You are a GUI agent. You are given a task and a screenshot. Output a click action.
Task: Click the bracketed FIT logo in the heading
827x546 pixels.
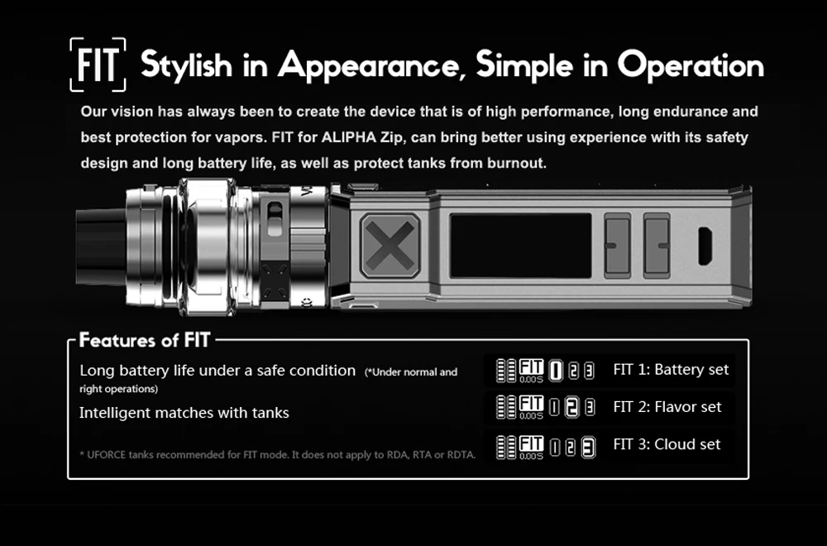tap(98, 65)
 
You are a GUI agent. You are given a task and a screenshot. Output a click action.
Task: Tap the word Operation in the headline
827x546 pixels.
tap(691, 66)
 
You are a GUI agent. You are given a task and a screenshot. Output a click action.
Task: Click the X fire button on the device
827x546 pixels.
tap(390, 246)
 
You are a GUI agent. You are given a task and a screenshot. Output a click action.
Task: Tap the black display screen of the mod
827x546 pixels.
tap(520, 246)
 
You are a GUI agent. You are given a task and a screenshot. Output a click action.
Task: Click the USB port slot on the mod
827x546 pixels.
tap(705, 246)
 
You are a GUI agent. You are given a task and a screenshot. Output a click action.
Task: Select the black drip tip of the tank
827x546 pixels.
tap(100, 247)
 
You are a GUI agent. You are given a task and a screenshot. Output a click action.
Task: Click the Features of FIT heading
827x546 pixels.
tap(145, 340)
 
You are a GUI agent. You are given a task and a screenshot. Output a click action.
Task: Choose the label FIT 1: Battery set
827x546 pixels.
tap(671, 369)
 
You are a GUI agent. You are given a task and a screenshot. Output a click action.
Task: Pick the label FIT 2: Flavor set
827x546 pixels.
tap(667, 407)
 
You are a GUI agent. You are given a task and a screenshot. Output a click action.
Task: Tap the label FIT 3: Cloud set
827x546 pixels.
tap(667, 444)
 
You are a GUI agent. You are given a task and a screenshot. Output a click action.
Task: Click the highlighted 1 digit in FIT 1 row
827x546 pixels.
tap(556, 371)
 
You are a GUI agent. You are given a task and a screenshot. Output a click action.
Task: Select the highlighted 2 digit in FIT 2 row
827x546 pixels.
tap(571, 407)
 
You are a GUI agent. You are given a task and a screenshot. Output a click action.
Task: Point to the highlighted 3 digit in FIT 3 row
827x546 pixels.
tap(589, 448)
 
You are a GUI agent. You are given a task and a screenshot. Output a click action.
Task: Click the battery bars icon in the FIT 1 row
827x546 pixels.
tap(506, 371)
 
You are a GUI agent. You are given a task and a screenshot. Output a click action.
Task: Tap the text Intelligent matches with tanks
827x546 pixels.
tap(184, 413)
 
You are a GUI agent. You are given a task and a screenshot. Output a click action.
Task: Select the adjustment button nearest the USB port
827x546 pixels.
tap(657, 246)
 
